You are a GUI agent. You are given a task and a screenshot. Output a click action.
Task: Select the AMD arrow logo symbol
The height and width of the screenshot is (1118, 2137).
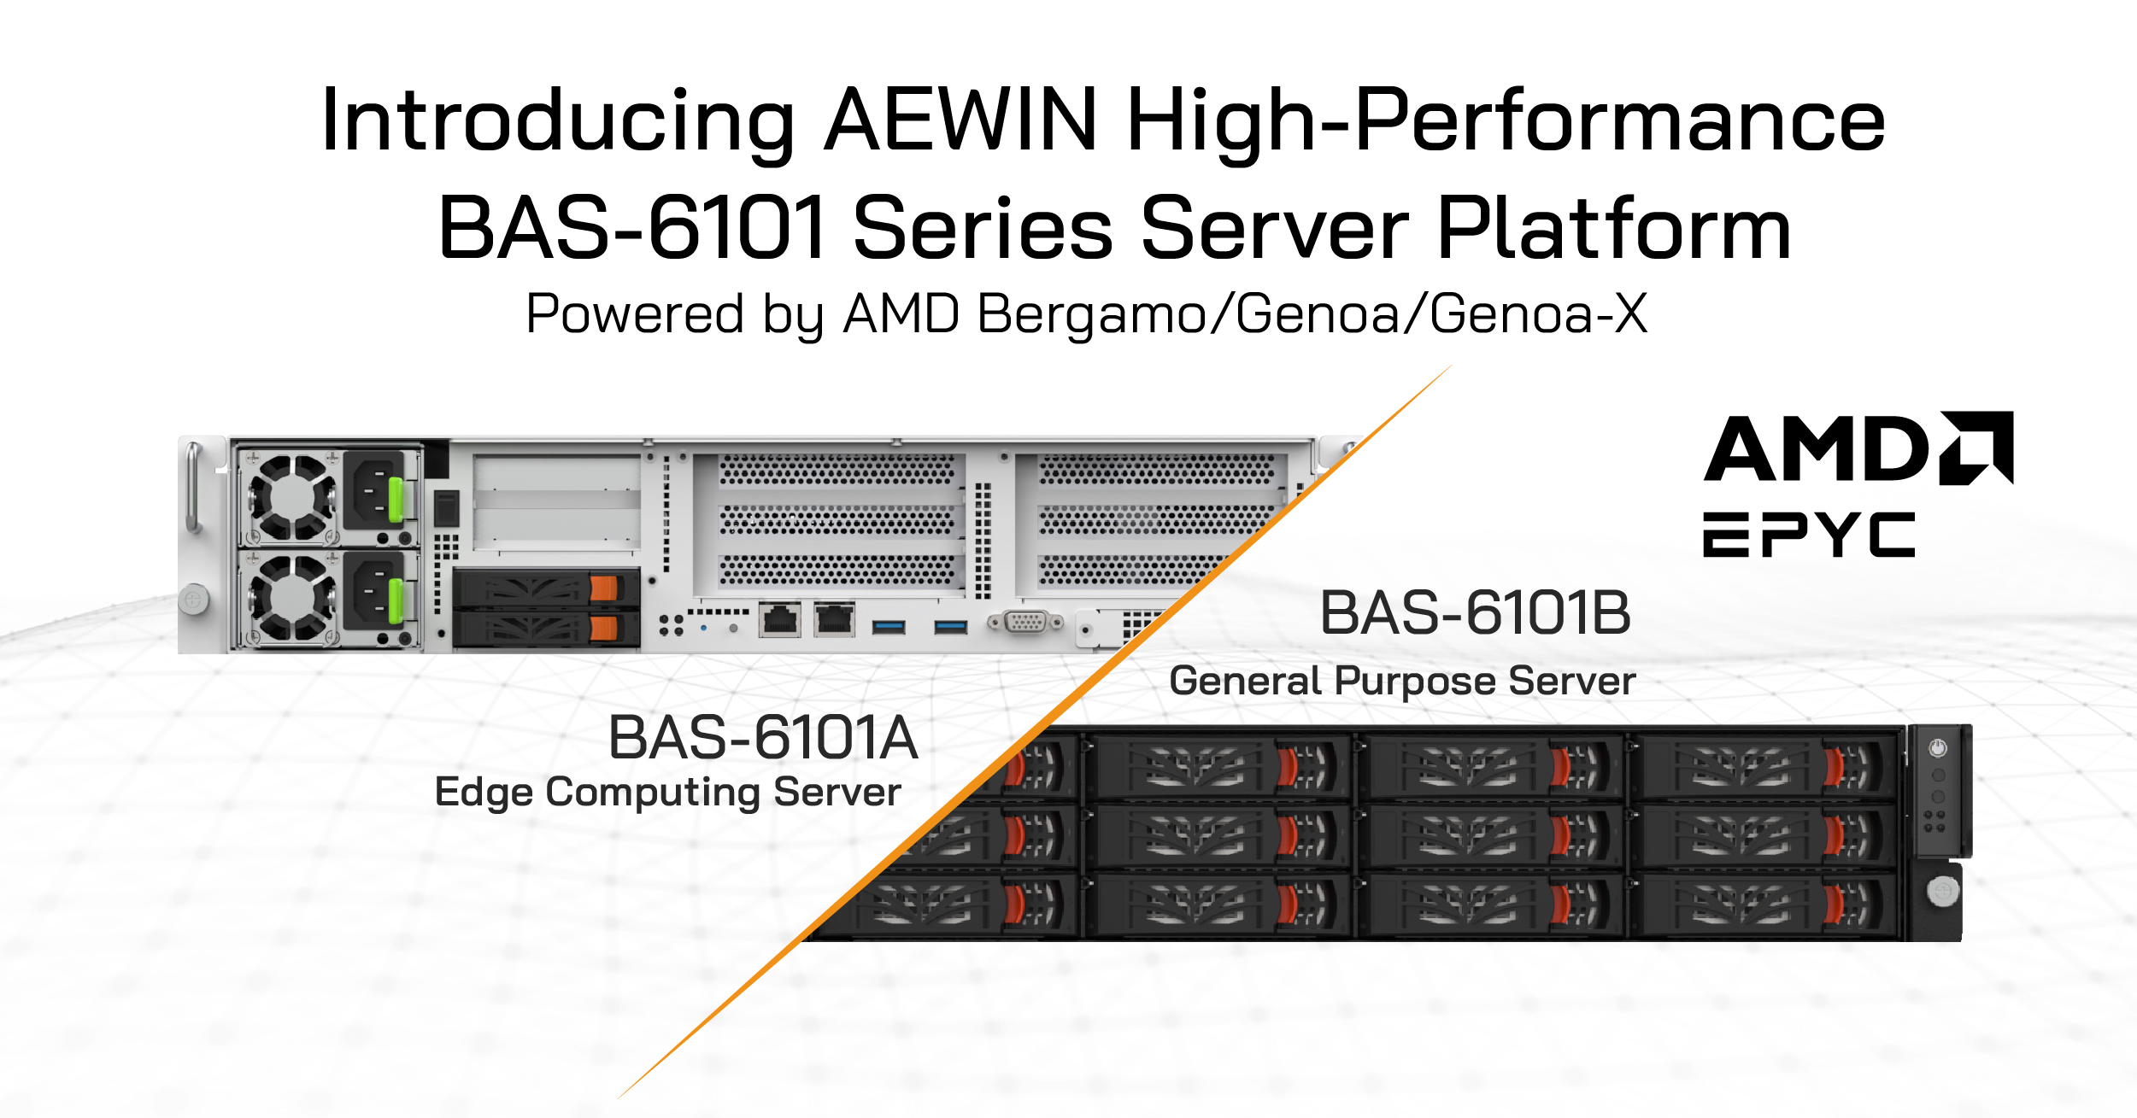pyautogui.click(x=1976, y=448)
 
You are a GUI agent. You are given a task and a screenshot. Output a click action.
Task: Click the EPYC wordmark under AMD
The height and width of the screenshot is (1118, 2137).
pyautogui.click(x=1809, y=535)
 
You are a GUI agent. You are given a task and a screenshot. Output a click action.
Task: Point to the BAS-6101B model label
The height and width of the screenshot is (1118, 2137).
pyautogui.click(x=1475, y=612)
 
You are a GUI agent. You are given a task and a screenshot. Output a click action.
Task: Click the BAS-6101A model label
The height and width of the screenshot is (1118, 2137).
pyautogui.click(x=763, y=737)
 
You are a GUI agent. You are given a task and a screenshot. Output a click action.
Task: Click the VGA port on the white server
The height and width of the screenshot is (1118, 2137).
pyautogui.click(x=1026, y=622)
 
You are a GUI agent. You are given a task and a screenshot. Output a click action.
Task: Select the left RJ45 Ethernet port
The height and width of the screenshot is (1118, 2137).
pyautogui.click(x=780, y=620)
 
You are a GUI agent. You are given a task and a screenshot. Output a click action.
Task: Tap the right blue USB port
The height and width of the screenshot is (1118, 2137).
pyautogui.click(x=950, y=628)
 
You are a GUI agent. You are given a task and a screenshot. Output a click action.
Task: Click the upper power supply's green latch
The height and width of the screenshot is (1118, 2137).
pyautogui.click(x=396, y=499)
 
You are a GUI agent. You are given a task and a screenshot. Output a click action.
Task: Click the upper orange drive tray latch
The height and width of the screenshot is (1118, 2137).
pyautogui.click(x=603, y=588)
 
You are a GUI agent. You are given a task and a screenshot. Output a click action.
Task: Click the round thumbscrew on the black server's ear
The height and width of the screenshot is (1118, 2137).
pyautogui.click(x=1943, y=892)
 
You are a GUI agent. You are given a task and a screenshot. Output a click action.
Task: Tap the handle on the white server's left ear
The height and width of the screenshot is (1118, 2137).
pyautogui.click(x=194, y=487)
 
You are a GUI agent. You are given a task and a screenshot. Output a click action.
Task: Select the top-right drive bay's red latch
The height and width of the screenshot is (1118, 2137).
pyautogui.click(x=1832, y=766)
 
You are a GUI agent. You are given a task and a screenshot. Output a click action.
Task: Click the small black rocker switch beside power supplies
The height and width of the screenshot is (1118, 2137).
pyautogui.click(x=446, y=508)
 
